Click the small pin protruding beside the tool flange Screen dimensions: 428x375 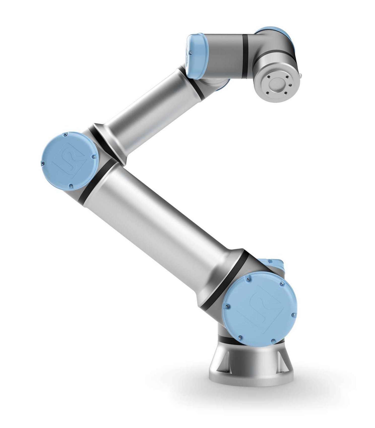coord(301,74)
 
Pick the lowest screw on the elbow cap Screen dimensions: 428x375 coord(71,186)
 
